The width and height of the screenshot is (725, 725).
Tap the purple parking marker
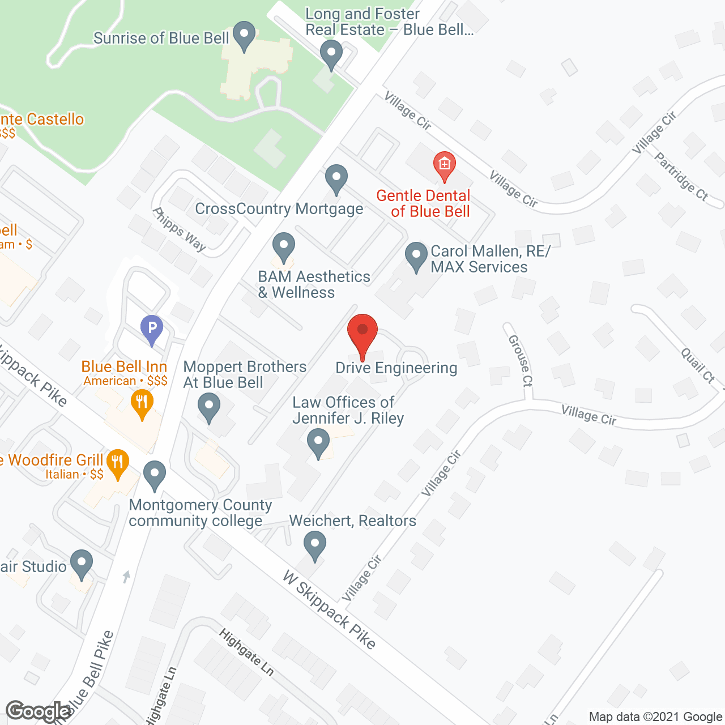pyautogui.click(x=152, y=329)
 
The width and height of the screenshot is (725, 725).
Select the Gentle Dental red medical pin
pyautogui.click(x=445, y=166)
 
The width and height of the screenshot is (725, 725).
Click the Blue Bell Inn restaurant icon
pyautogui.click(x=142, y=403)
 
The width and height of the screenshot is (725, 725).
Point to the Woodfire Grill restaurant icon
pyautogui.click(x=118, y=463)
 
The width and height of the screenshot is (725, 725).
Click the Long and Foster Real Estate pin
pyautogui.click(x=331, y=55)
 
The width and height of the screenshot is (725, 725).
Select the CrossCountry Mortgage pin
pyautogui.click(x=336, y=179)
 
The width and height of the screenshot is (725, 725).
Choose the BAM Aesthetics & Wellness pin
pyautogui.click(x=284, y=248)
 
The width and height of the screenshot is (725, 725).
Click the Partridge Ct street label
pyautogui.click(x=681, y=176)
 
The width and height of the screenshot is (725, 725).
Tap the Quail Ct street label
pyautogui.click(x=698, y=365)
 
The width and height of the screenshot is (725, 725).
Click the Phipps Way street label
pyautogui.click(x=179, y=229)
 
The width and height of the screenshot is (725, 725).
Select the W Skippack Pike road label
pyautogui.click(x=329, y=610)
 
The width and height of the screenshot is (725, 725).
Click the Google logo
pyautogui.click(x=39, y=711)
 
